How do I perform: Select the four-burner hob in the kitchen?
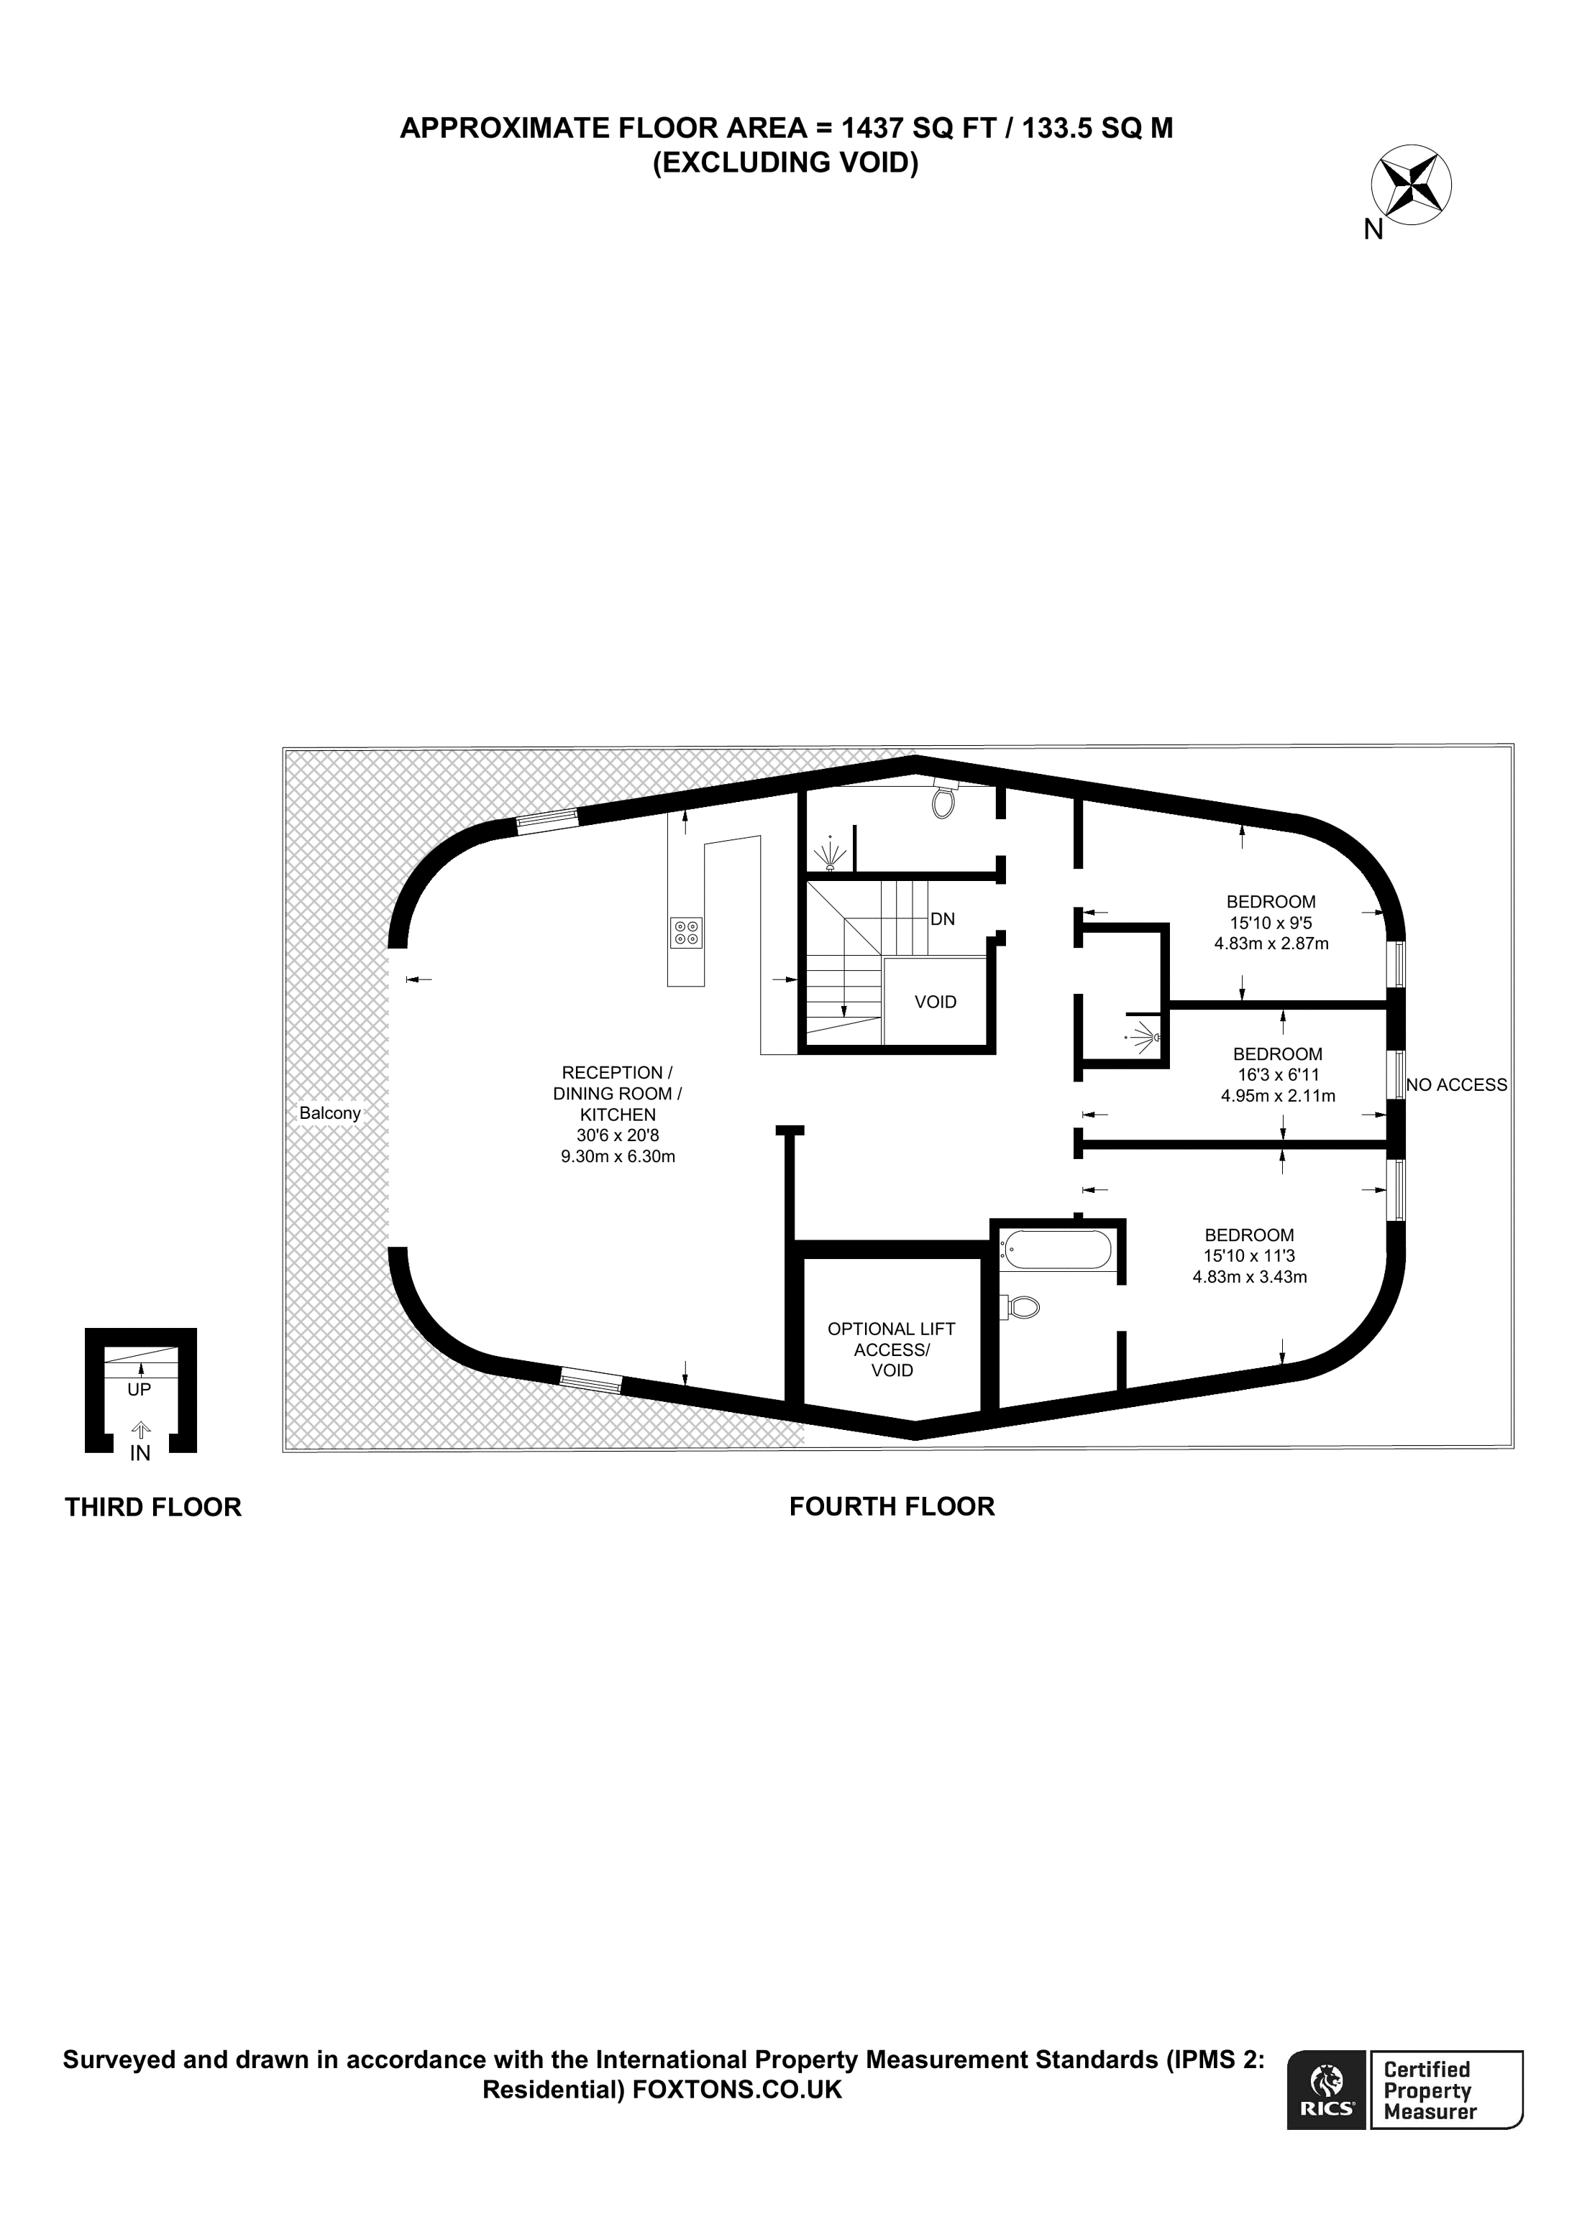coord(686,933)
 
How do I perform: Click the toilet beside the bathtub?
coord(1022,1306)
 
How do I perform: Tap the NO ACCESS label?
coord(1456,1084)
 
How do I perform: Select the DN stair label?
coord(943,919)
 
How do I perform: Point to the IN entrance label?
coord(140,1453)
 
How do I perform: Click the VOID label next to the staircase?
coord(936,1002)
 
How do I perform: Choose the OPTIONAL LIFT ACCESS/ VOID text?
coord(891,1350)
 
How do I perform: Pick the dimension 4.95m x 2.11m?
coord(1278,1095)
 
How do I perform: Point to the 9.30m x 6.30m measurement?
coord(618,1156)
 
